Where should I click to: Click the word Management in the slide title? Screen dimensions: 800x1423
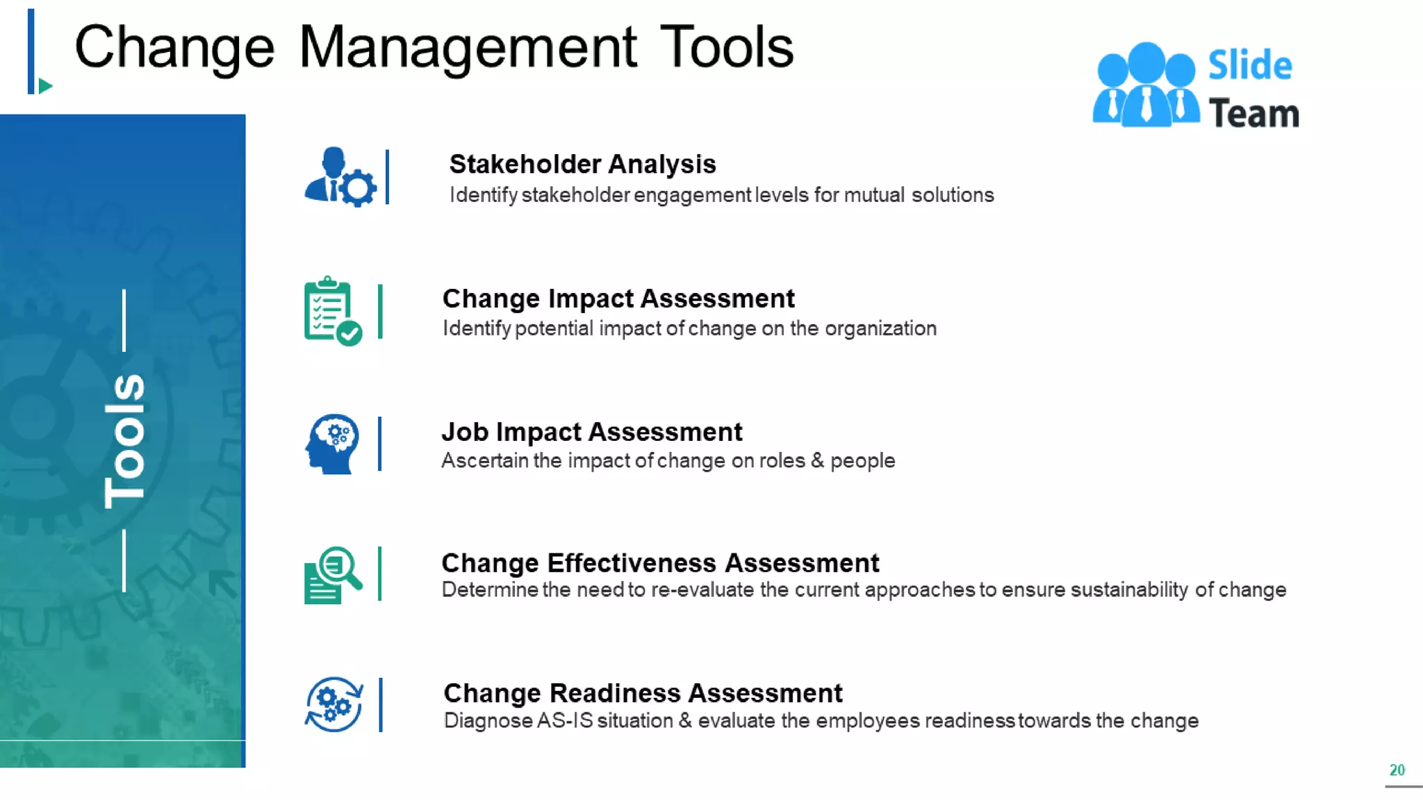click(467, 47)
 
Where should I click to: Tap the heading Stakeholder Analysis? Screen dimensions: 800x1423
click(582, 165)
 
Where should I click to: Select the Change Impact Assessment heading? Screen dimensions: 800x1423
click(618, 299)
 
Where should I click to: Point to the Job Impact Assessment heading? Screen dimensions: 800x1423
click(592, 432)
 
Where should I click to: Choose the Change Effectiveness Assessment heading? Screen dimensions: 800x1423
click(660, 562)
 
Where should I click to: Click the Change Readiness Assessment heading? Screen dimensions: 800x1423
click(643, 693)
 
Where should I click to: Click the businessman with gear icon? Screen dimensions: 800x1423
click(340, 177)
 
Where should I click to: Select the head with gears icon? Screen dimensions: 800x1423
click(332, 444)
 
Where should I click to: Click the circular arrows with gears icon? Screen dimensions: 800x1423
click(334, 704)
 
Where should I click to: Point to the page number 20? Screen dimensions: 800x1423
click(1397, 770)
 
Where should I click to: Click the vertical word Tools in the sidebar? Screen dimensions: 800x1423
click(125, 441)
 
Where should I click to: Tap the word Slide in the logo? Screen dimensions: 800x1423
click(1250, 65)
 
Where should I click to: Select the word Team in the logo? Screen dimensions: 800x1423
click(1253, 114)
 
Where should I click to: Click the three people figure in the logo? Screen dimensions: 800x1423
click(1146, 85)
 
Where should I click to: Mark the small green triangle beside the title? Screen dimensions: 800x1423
click(46, 86)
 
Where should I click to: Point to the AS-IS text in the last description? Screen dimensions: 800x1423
click(565, 721)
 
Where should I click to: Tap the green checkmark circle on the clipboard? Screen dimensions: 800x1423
click(349, 333)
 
